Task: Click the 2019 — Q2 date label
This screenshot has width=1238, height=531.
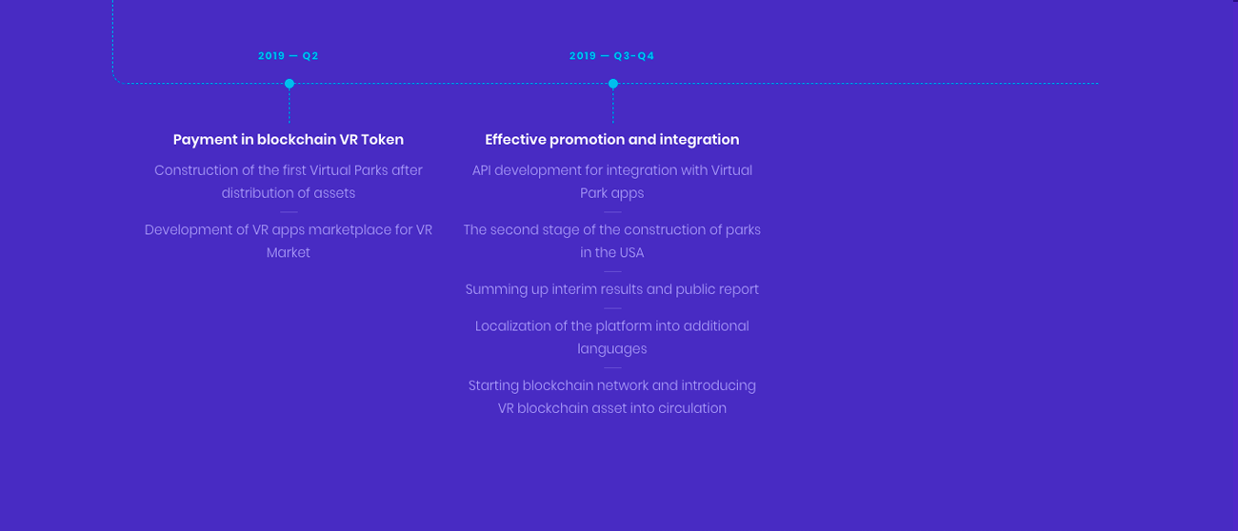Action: pos(288,56)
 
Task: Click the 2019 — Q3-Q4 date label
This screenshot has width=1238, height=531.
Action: pos(611,56)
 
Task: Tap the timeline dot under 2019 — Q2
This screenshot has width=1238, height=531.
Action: pos(290,84)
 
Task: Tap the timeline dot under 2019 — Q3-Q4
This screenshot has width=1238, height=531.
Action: pos(613,84)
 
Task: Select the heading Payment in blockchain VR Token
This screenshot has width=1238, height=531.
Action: pos(289,140)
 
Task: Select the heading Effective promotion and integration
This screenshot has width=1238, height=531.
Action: pos(611,140)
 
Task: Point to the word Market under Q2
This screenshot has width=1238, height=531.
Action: pos(288,252)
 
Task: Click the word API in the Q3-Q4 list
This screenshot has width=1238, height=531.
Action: pos(481,170)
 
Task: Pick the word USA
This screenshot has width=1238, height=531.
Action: pos(630,252)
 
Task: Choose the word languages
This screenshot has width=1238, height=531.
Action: pos(611,349)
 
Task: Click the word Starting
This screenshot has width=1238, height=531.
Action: pos(493,385)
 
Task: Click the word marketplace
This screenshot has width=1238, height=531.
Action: pos(349,230)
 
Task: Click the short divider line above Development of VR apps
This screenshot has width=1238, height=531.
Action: pos(289,211)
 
